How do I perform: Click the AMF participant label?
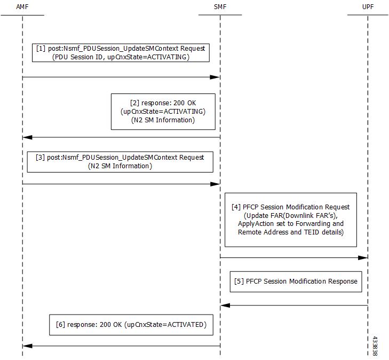pyautogui.click(x=22, y=7)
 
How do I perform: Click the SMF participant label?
pyautogui.click(x=220, y=7)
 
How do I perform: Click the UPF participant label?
pyautogui.click(x=368, y=7)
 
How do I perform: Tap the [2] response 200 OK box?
pyautogui.click(x=163, y=112)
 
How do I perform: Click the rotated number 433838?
pyautogui.click(x=375, y=346)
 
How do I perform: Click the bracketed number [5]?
pyautogui.click(x=239, y=281)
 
